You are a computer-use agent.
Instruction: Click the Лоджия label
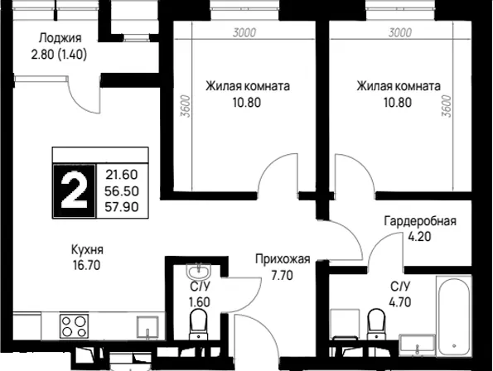60,38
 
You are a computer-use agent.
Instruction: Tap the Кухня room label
87,250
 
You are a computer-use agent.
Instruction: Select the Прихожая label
283,259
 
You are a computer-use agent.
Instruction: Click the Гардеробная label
420,221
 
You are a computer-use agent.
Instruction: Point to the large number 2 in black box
74,191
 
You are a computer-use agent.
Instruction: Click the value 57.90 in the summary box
122,207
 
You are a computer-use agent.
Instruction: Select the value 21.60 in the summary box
122,175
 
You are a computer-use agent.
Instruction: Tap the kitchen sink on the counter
147,327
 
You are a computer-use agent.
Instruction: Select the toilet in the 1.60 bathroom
198,323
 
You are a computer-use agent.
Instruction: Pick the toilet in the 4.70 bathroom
376,323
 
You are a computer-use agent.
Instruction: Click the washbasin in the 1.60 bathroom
198,272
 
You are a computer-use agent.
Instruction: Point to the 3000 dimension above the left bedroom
244,32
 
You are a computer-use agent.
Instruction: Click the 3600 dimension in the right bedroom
447,106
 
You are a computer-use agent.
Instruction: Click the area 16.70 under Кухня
87,266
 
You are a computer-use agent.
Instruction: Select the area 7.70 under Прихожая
283,276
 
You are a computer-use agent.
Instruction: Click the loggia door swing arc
81,100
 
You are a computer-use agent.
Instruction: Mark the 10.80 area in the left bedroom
247,103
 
